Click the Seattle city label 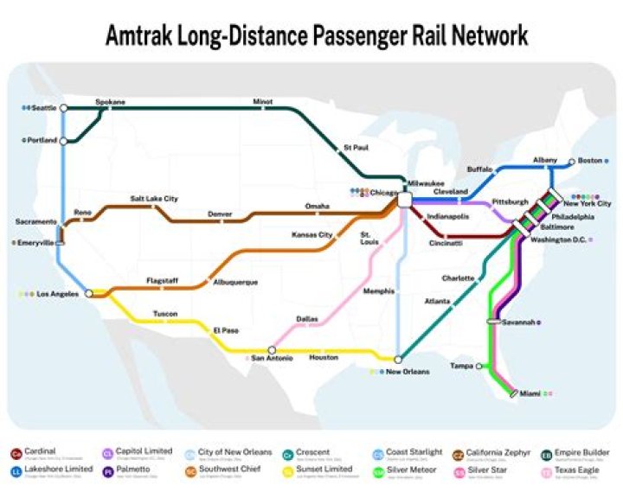[x=44, y=108]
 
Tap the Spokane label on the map [x=110, y=101]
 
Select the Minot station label [x=262, y=101]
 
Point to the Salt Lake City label [x=154, y=199]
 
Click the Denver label [x=220, y=214]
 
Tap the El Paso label [x=225, y=329]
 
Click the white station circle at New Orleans [x=397, y=360]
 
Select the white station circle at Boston [x=571, y=162]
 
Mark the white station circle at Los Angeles [x=88, y=294]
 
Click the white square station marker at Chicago [x=404, y=200]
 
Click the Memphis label [x=378, y=290]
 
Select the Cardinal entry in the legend [x=41, y=451]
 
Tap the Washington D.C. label [x=558, y=239]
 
